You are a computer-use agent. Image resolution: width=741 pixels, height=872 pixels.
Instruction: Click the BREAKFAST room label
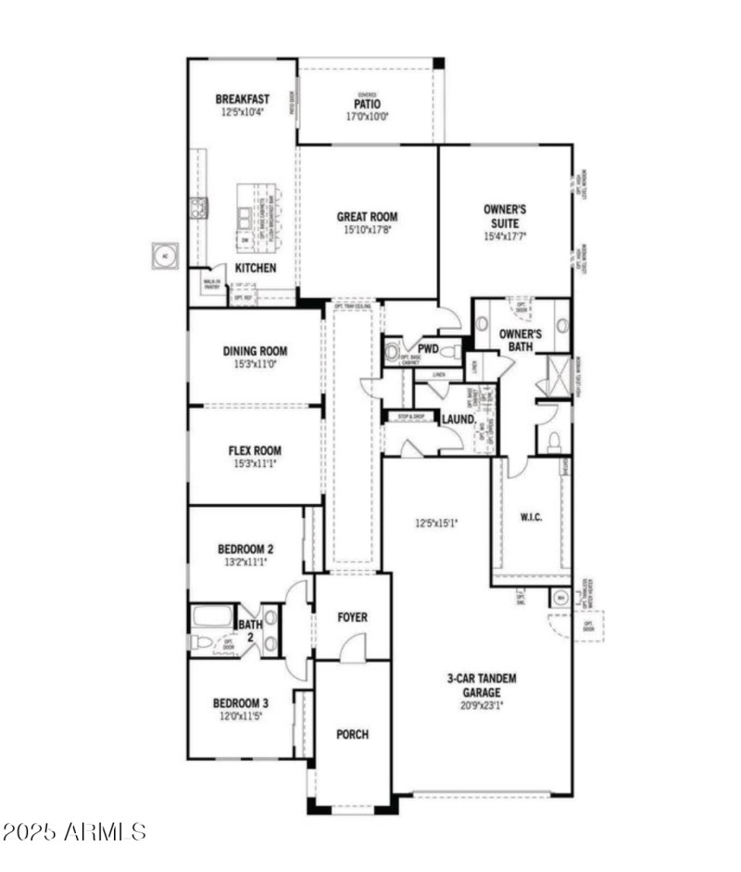(243, 99)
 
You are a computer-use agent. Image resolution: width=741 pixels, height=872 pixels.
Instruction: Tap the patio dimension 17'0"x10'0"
(367, 117)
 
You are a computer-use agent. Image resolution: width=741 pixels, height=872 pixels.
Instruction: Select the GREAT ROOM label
(367, 217)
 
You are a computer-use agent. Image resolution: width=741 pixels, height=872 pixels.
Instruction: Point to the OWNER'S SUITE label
(505, 216)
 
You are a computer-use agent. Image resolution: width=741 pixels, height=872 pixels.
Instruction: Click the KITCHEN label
(255, 268)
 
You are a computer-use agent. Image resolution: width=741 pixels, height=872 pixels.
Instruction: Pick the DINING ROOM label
(255, 351)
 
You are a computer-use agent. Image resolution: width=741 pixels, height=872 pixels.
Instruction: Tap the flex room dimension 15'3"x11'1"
(255, 464)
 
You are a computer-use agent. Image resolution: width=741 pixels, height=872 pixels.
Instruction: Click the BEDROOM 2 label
(245, 549)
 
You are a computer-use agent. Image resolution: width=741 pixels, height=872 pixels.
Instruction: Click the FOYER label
(352, 617)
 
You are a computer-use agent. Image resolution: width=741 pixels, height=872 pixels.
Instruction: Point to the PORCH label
(352, 734)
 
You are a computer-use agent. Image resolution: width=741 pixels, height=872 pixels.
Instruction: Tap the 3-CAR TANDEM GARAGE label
(482, 685)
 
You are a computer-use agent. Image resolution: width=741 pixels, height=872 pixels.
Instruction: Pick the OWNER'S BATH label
(520, 339)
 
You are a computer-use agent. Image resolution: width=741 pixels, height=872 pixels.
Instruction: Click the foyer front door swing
(353, 651)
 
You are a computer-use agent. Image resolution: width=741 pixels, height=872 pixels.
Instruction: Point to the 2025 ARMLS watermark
(74, 831)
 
